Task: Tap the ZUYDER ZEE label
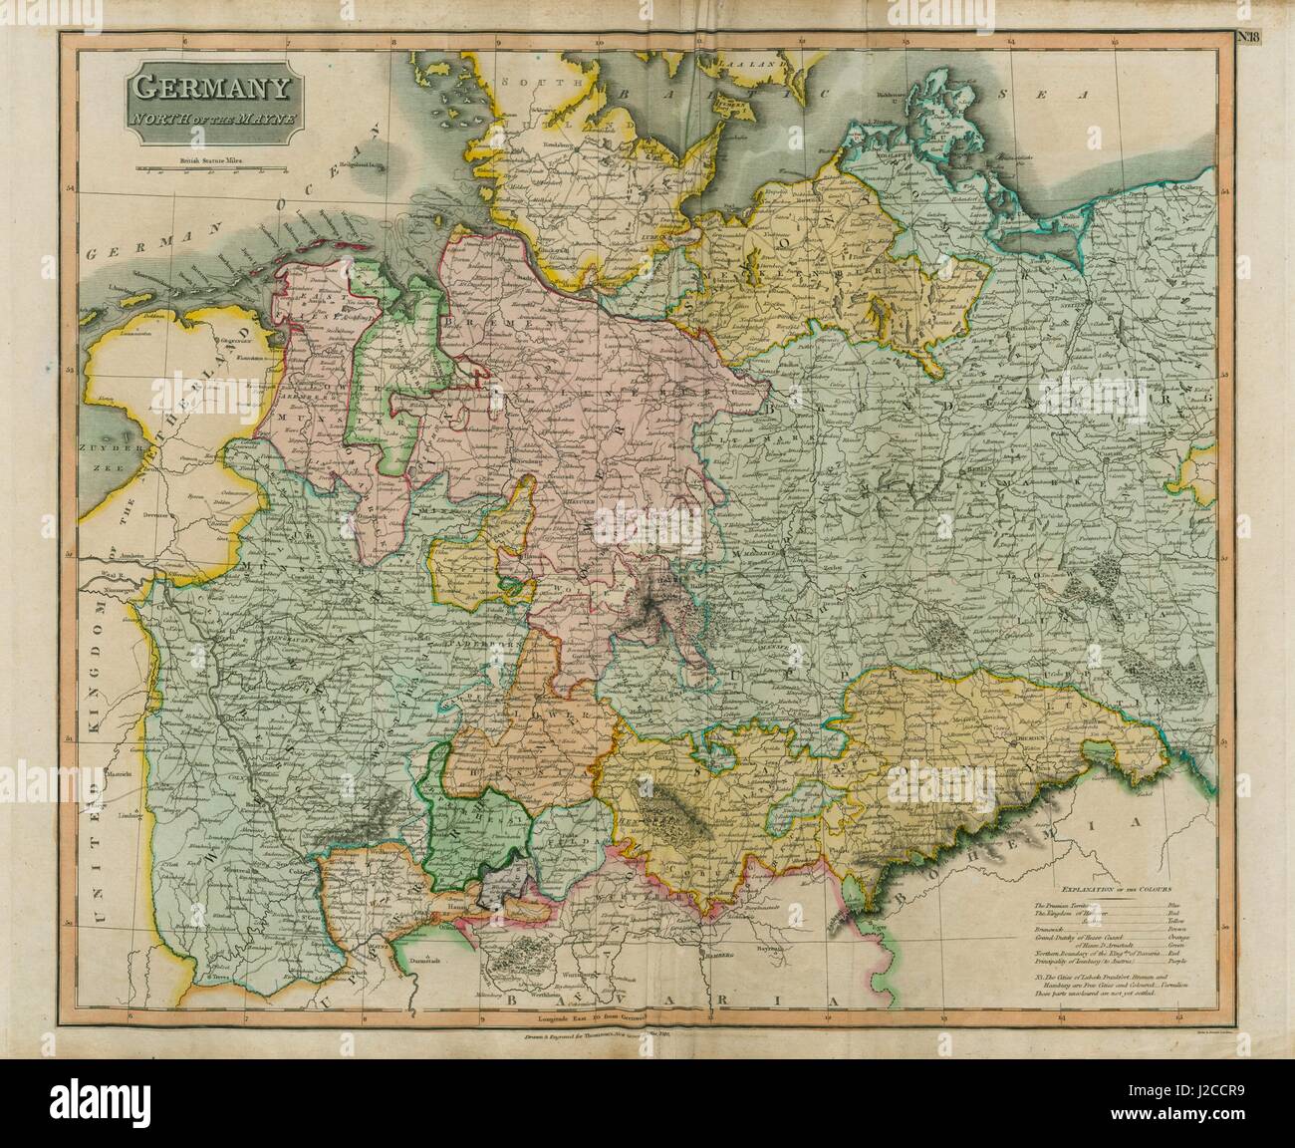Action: click(x=109, y=458)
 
